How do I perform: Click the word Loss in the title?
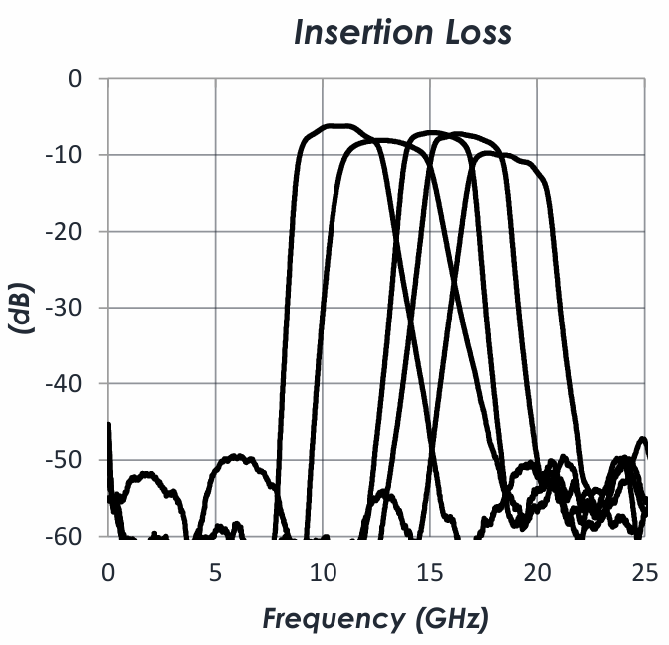[474, 32]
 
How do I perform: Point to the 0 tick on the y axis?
[74, 78]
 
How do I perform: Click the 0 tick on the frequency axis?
[108, 572]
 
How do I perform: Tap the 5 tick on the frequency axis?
[216, 572]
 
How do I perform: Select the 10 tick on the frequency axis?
[323, 572]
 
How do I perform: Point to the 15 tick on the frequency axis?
[429, 572]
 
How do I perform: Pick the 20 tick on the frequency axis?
[537, 572]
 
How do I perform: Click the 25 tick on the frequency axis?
[644, 572]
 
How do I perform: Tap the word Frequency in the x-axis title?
[329, 619]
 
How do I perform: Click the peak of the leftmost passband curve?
[334, 126]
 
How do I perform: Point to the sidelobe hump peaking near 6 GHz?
[238, 456]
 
